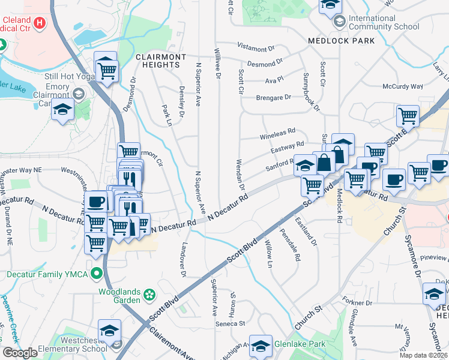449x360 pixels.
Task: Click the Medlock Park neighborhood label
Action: click(341, 41)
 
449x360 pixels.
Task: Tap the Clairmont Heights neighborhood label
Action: click(160, 61)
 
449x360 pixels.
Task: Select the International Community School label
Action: click(384, 22)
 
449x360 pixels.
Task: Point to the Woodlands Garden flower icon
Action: click(148, 295)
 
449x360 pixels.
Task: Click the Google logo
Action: click(19, 353)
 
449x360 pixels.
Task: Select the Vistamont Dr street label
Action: click(256, 47)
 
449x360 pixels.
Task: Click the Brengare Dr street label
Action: click(273, 97)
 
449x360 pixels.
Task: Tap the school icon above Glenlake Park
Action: click(261, 344)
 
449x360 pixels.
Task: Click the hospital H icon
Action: click(40, 23)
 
